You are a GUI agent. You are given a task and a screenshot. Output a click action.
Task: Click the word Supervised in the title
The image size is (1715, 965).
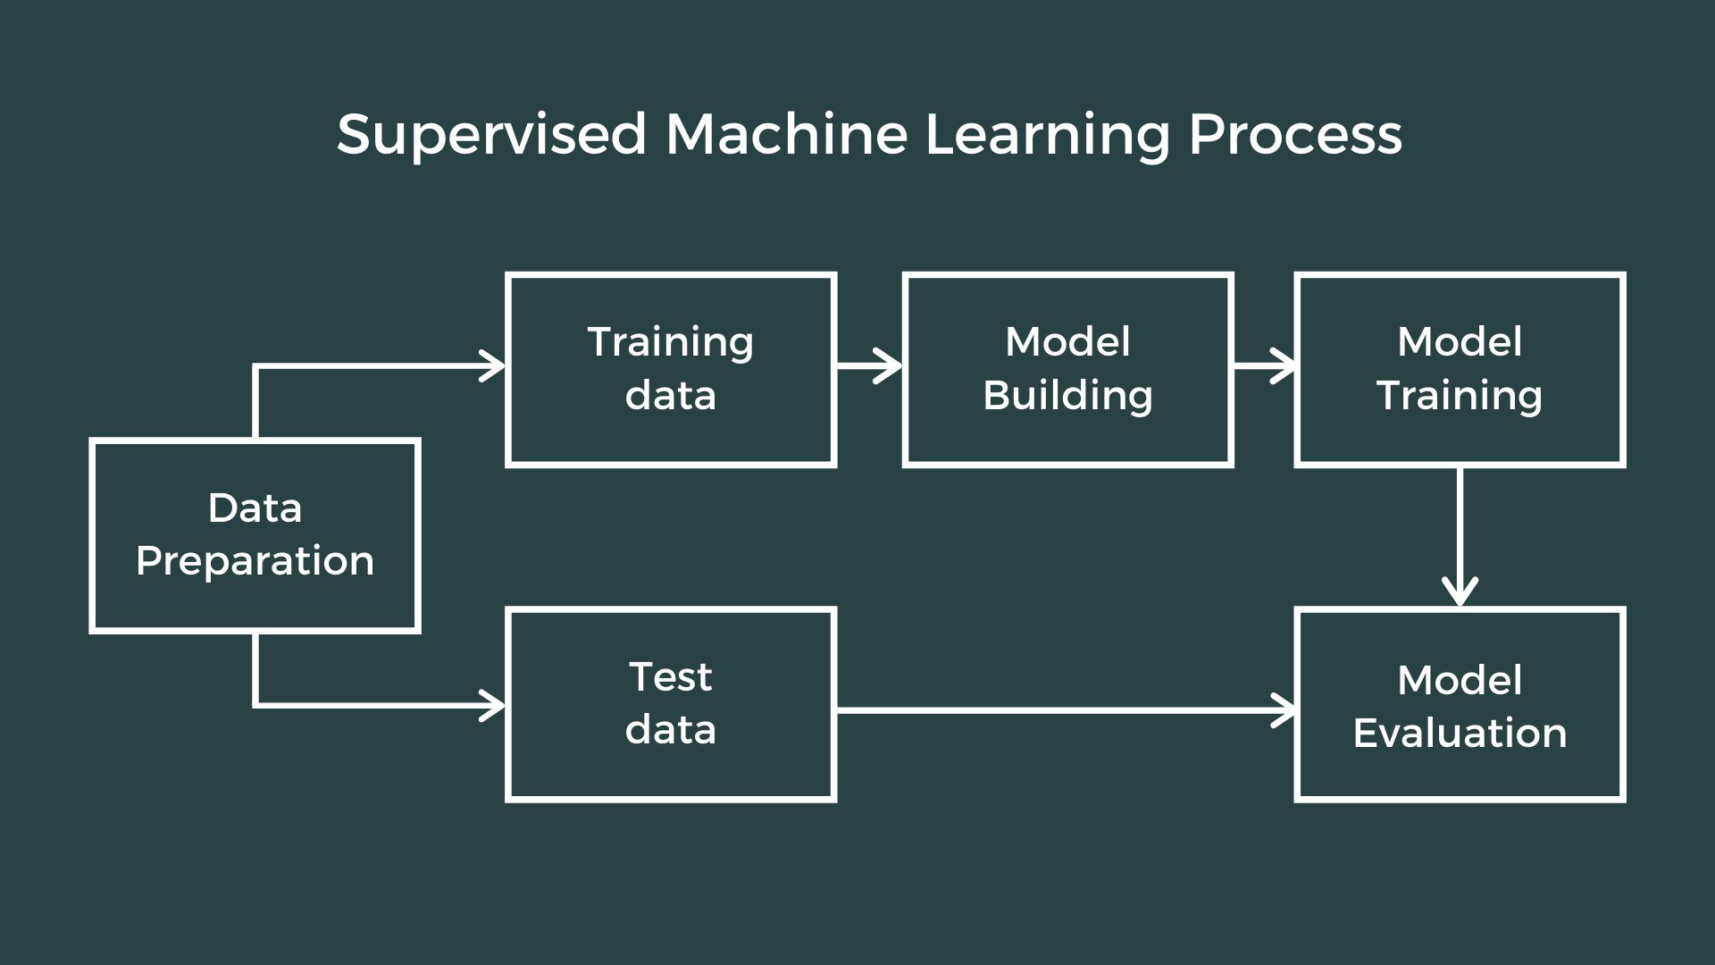pyautogui.click(x=490, y=136)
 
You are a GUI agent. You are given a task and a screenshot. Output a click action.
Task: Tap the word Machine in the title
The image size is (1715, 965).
pyautogui.click(x=786, y=136)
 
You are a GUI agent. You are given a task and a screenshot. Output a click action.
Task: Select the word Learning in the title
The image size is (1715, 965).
pyautogui.click(x=1047, y=136)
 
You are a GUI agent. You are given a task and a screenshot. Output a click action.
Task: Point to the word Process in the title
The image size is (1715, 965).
pyautogui.click(x=1295, y=136)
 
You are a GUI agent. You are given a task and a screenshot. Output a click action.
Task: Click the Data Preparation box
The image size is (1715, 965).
pyautogui.click(x=255, y=536)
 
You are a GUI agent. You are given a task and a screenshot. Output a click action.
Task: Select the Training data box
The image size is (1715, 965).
pyautogui.click(x=671, y=369)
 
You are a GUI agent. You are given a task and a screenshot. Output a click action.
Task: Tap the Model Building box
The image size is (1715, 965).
pyautogui.click(x=1067, y=369)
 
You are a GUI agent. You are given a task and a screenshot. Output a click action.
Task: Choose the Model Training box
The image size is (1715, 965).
pyautogui.click(x=1460, y=369)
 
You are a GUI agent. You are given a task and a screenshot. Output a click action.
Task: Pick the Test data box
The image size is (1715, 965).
pyautogui.click(x=671, y=704)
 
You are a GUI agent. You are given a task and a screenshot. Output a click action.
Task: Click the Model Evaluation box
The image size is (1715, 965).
pyautogui.click(x=1460, y=704)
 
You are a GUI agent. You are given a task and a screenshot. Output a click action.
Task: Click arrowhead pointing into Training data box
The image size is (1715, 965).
pyautogui.click(x=494, y=365)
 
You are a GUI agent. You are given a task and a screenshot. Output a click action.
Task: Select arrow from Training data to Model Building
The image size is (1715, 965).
pyautogui.click(x=869, y=365)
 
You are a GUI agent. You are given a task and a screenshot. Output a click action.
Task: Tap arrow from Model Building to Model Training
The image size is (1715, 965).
pyautogui.click(x=1264, y=365)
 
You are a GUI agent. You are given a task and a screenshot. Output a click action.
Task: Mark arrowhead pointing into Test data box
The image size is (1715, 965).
pyautogui.click(x=494, y=705)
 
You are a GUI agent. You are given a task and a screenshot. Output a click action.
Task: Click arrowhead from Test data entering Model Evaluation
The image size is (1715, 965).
pyautogui.click(x=1284, y=710)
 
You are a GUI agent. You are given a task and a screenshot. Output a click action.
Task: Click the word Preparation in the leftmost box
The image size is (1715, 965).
pyautogui.click(x=255, y=562)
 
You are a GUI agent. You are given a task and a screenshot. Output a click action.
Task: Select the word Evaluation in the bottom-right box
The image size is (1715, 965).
pyautogui.click(x=1460, y=734)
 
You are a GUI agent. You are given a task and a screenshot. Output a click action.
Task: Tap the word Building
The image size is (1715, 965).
pyautogui.click(x=1067, y=396)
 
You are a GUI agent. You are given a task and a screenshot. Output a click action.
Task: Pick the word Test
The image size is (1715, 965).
pyautogui.click(x=671, y=677)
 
